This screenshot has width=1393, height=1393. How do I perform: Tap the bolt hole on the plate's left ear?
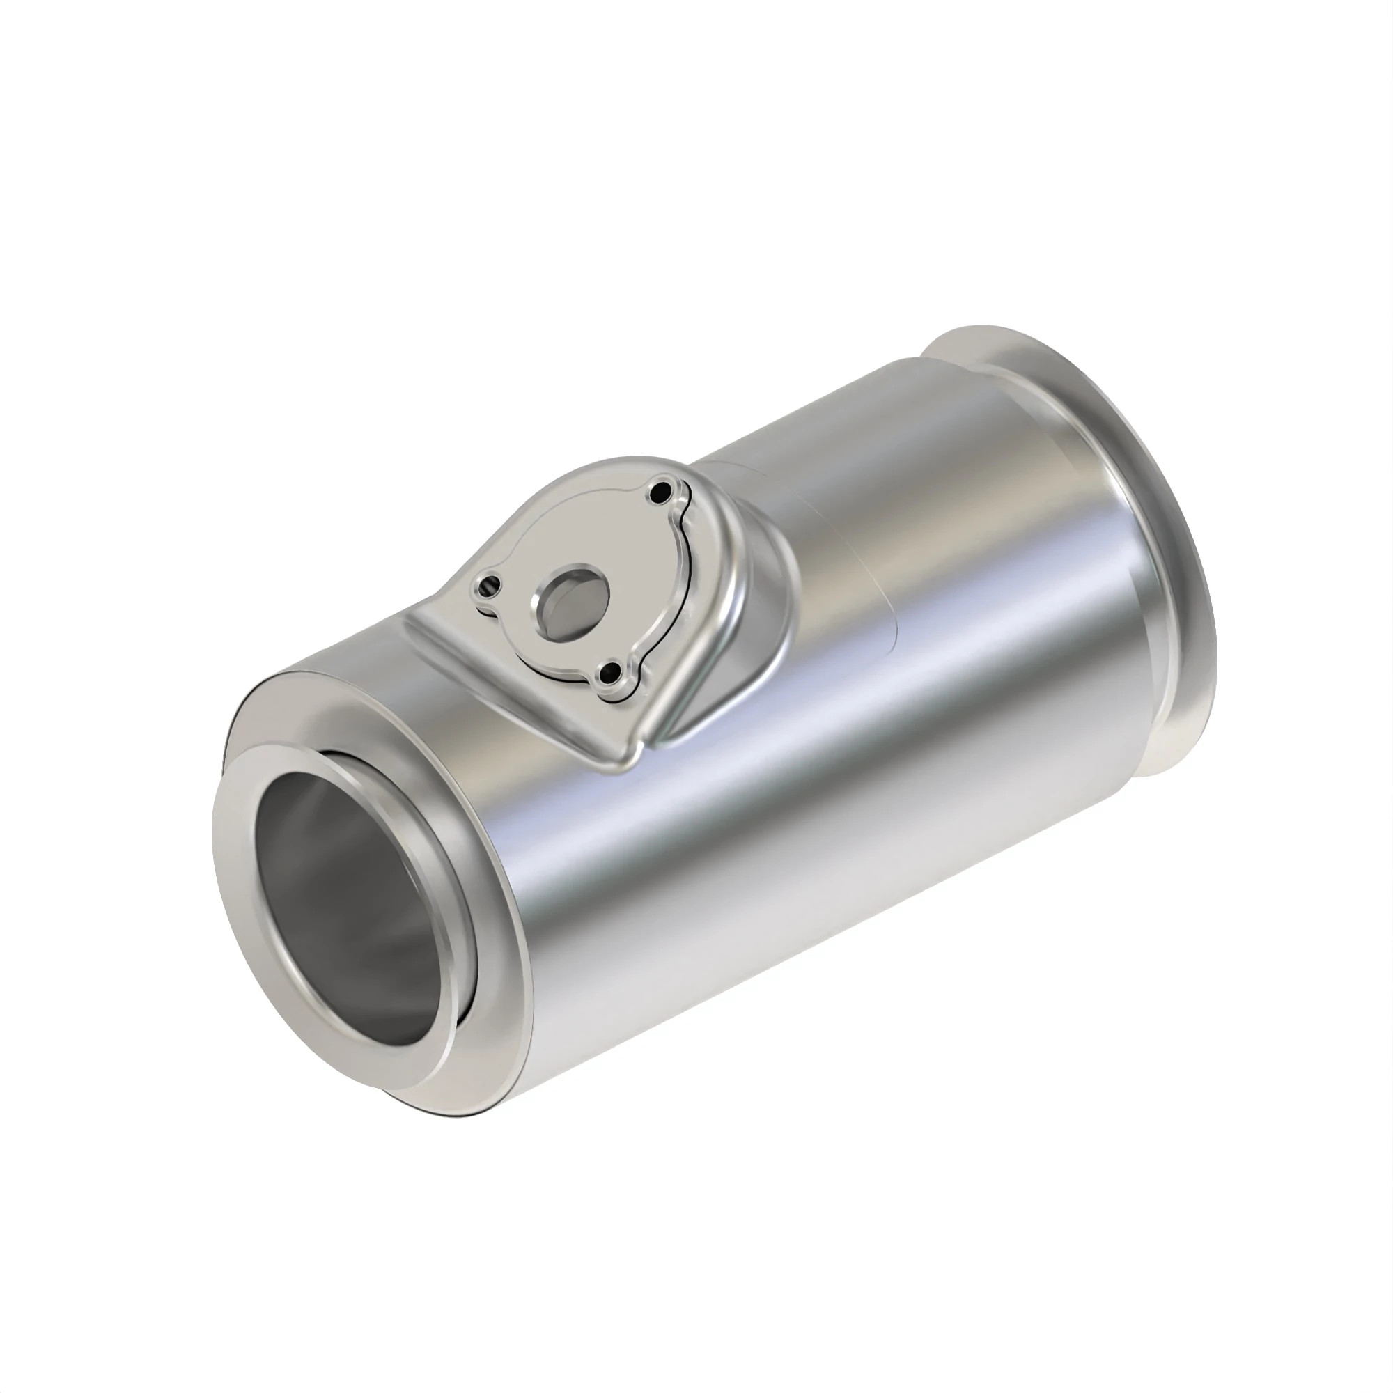pyautogui.click(x=492, y=585)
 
